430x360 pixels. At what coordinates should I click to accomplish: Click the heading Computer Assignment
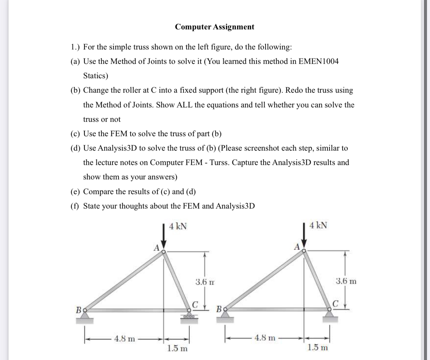214,27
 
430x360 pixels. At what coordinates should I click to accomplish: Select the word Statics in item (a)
95,76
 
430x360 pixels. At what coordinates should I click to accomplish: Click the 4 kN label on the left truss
178,226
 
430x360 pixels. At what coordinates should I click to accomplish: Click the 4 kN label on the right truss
318,225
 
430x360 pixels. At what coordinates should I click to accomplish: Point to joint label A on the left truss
156,248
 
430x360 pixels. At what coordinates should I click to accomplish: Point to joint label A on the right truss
297,247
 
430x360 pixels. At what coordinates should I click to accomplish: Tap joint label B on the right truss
220,308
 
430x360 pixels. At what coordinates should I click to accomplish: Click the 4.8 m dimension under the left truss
125,339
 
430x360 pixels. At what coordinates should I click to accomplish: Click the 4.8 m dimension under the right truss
265,338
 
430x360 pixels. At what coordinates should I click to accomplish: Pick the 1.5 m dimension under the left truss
177,349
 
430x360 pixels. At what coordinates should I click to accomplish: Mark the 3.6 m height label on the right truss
346,281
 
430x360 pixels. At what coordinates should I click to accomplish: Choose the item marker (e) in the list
75,192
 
